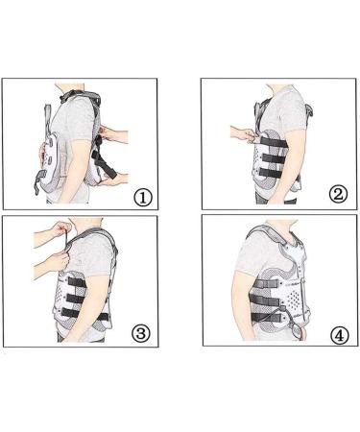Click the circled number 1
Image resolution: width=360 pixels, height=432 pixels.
coord(143,198)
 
